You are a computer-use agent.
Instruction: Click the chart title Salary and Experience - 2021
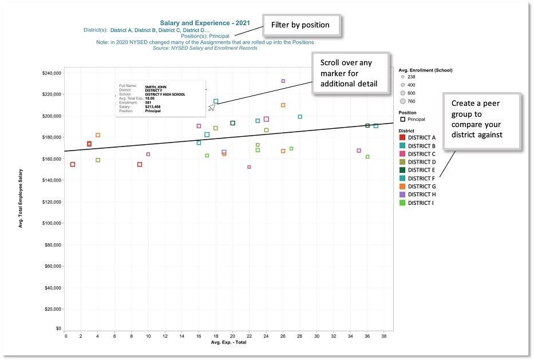(205, 23)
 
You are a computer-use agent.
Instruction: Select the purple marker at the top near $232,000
(283, 81)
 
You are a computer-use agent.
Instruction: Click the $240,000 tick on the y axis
(52, 73)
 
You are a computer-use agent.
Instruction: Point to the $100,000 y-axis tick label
(52, 223)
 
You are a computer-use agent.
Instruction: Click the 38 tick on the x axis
(384, 336)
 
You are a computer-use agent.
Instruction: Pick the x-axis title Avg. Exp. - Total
(228, 342)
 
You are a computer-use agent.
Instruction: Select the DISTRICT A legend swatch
(402, 137)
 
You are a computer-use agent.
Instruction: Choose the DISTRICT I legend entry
(421, 203)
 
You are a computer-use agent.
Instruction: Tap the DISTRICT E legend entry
(421, 170)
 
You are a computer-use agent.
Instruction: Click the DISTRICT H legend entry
(421, 195)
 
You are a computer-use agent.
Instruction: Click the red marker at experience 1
(73, 164)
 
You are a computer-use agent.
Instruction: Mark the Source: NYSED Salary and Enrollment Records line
(205, 48)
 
